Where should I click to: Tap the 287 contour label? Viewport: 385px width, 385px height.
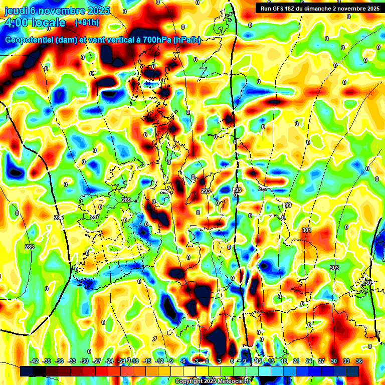pos(94,217)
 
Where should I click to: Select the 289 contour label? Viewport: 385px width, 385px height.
pos(126,200)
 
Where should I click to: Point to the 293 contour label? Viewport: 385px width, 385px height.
pos(206,191)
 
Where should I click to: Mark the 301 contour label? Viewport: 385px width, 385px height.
pos(307,230)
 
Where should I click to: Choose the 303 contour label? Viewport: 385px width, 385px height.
pos(334,268)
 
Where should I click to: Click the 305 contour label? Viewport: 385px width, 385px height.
pos(368,283)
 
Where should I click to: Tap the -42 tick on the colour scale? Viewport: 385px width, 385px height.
pos(35,361)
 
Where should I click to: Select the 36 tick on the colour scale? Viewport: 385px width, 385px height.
pos(359,361)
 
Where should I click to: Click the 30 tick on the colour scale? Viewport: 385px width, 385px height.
pos(334,361)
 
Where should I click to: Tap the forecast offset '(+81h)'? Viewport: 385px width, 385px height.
pos(86,23)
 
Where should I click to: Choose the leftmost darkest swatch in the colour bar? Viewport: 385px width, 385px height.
pos(27,371)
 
